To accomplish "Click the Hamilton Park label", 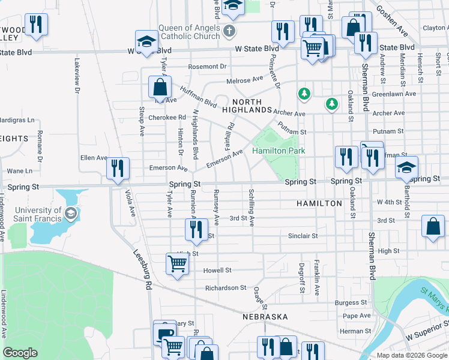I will pos(279,151).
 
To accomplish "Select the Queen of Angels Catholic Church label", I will pos(189,31).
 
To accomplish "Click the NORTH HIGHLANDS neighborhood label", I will pos(247,106).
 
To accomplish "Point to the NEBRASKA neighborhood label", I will pos(265,316).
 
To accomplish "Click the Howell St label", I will pos(217,271).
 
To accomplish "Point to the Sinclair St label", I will pos(303,236).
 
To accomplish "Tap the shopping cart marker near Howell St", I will pos(177,263).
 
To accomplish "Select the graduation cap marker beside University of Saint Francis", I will pos(71,214).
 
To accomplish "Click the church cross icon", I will pos(228,31).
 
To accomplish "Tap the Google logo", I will pos(20,353).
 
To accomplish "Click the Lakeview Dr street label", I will pos(77,76).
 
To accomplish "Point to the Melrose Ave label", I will pos(245,80).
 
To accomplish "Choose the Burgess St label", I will pos(351,303).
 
